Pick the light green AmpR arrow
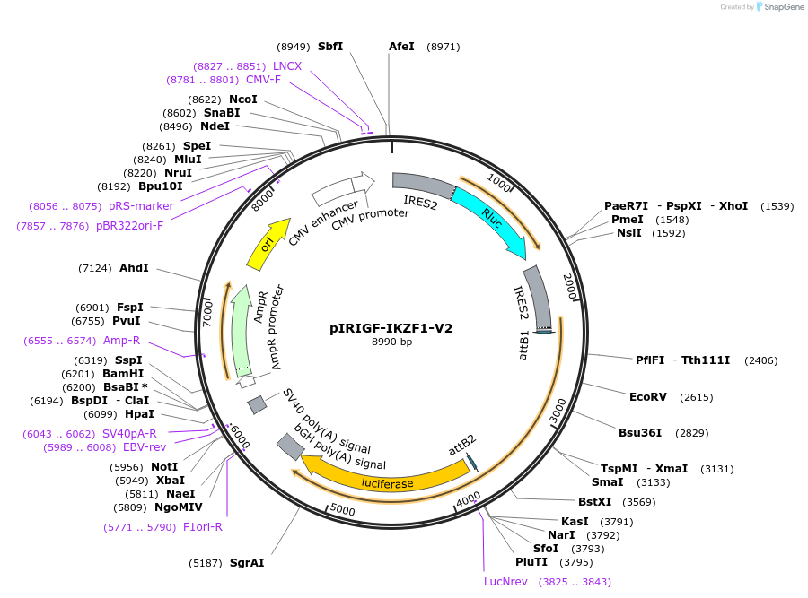[240, 332]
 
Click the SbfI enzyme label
[330, 46]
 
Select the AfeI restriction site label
[401, 46]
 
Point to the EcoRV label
[648, 396]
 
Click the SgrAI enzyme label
[247, 563]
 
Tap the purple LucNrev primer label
[505, 582]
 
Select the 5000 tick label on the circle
[344, 510]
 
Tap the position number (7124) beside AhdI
[95, 268]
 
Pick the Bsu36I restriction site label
[640, 432]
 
